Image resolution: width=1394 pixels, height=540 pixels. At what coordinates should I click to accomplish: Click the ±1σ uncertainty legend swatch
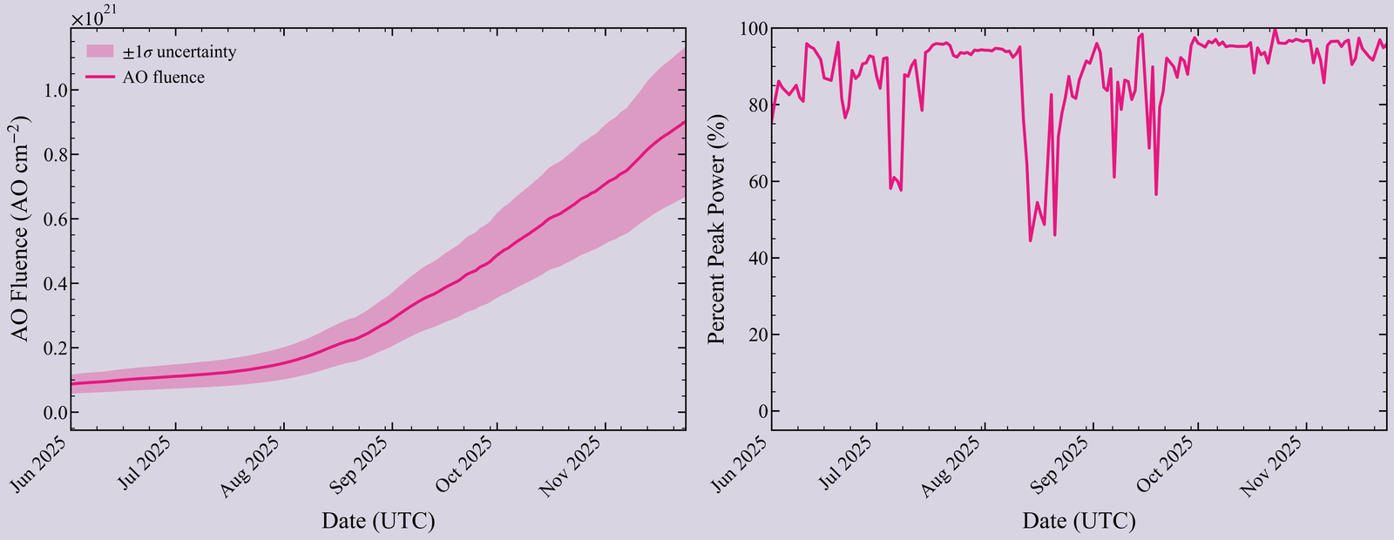click(x=100, y=51)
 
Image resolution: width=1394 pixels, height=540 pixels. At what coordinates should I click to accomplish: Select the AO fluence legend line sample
click(x=100, y=78)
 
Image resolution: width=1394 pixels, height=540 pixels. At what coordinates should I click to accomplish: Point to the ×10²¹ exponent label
click(x=92, y=18)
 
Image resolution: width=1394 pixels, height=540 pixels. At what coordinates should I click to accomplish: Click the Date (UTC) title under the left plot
click(x=378, y=521)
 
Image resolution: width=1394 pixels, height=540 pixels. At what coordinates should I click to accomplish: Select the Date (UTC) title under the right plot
click(x=1079, y=521)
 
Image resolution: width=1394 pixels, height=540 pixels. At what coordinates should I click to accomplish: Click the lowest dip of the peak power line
click(x=1031, y=240)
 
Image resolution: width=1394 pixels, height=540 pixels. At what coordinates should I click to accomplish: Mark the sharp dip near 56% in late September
click(x=1156, y=194)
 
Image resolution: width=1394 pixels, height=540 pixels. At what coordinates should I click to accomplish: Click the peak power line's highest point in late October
click(x=1276, y=30)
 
